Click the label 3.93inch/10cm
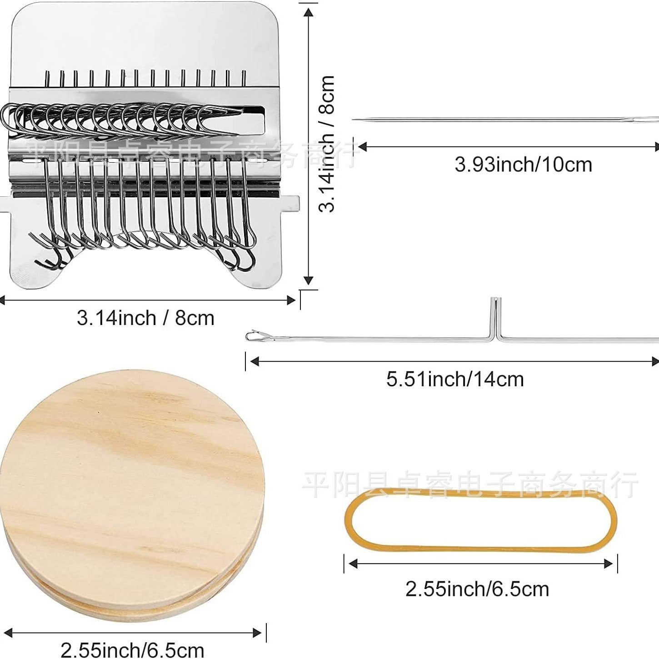coord(523,165)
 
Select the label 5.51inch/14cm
coord(455,379)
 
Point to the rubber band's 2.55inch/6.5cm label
coord(477,589)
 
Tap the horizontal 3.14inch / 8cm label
coord(145,318)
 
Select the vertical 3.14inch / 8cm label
coord(326,144)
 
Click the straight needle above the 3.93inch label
coord(505,120)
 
